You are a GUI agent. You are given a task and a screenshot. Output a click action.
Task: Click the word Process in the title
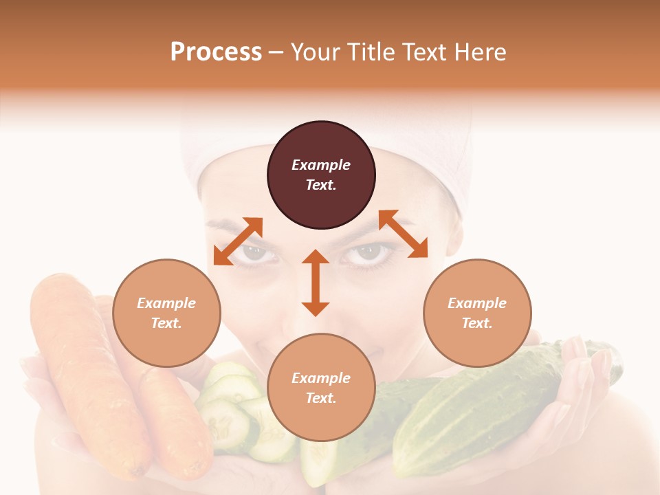[x=216, y=52]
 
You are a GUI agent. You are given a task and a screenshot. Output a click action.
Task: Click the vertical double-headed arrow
[x=316, y=283]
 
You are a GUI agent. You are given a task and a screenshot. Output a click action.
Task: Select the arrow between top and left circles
[x=238, y=241]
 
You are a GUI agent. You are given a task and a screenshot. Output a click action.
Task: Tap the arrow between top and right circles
[x=403, y=234]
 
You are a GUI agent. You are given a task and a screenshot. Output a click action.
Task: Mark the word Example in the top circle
[x=321, y=165]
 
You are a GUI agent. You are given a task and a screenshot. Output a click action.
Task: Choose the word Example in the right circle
[x=477, y=303]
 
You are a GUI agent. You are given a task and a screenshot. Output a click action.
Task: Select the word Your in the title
[x=314, y=52]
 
